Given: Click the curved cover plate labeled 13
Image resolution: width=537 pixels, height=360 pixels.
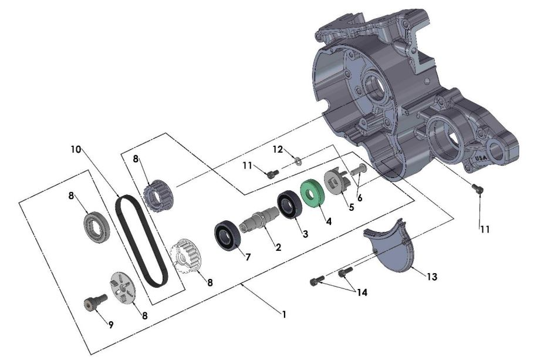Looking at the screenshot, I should point(394,253).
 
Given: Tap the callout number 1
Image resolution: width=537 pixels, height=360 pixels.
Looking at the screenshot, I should point(284,315).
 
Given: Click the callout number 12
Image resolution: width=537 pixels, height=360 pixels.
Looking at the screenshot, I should point(278,149).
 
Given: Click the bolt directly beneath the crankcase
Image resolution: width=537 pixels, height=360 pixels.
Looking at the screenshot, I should point(477,188).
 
